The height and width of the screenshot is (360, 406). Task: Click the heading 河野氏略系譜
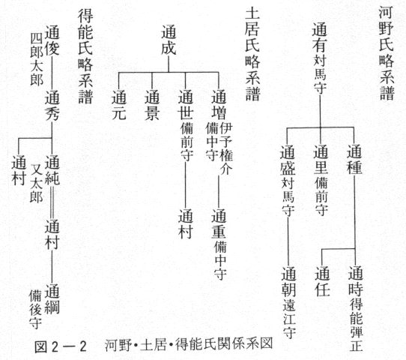click(387, 53)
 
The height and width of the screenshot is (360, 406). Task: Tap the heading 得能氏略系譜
click(85, 57)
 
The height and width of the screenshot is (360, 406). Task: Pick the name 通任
click(322, 281)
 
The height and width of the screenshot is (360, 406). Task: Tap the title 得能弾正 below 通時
click(356, 325)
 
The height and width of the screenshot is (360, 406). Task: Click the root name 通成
click(169, 40)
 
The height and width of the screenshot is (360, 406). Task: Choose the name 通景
click(152, 105)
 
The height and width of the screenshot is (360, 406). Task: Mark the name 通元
click(119, 105)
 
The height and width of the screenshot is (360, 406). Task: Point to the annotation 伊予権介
click(226, 148)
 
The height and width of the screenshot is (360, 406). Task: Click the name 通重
click(219, 223)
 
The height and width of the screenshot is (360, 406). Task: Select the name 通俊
click(52, 40)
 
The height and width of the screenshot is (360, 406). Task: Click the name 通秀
click(52, 105)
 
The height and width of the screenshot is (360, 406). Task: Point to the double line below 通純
click(52, 202)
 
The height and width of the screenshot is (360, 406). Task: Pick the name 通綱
click(52, 298)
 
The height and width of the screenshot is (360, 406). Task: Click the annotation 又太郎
click(37, 183)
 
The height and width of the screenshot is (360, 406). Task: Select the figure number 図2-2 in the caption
click(61, 346)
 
